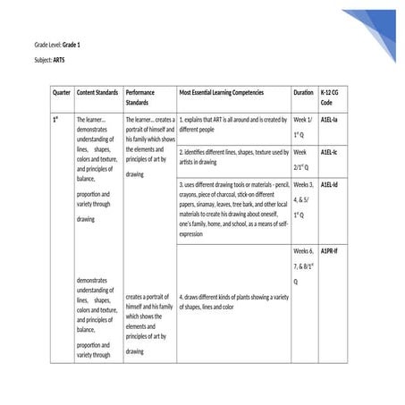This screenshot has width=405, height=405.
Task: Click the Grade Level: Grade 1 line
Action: (x=57, y=44)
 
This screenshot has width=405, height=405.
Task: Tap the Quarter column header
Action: (x=62, y=92)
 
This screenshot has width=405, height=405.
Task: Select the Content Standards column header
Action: (x=97, y=92)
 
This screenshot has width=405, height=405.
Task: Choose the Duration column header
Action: (x=303, y=92)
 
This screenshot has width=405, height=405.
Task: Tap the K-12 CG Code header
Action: (x=329, y=97)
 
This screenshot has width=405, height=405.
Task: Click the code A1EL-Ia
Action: (x=329, y=119)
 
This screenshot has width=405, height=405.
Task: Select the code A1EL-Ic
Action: (x=329, y=153)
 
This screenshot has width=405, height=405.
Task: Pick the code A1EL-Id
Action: (x=329, y=185)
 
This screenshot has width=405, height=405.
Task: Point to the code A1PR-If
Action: (x=329, y=252)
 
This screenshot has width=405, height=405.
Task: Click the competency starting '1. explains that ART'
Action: (x=232, y=123)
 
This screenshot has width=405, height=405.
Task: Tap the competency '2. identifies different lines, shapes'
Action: (x=232, y=157)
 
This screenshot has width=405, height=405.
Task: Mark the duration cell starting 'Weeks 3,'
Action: (x=303, y=200)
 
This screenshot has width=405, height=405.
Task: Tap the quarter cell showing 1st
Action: (x=55, y=119)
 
